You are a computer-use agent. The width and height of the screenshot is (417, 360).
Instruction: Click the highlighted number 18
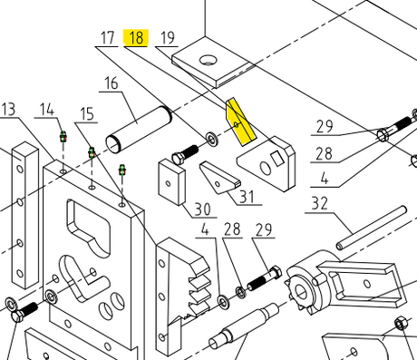136,38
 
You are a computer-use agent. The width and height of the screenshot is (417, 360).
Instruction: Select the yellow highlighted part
240,122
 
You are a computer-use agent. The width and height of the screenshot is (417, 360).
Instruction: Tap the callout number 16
112,83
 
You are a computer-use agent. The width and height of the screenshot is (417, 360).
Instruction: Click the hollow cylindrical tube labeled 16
139,130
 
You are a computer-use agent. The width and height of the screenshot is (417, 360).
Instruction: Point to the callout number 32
320,203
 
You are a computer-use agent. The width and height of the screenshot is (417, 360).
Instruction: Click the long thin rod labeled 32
372,228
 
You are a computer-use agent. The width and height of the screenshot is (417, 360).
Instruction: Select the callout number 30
202,209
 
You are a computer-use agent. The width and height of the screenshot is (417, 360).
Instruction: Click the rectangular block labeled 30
172,182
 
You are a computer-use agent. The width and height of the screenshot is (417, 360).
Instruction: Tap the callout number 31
247,197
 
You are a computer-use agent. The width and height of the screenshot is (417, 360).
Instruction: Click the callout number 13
8,109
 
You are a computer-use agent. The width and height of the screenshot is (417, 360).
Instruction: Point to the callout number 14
47,110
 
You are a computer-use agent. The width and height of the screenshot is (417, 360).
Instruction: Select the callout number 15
87,114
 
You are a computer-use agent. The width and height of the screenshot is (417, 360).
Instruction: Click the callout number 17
107,38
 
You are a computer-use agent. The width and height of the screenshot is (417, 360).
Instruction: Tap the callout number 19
168,38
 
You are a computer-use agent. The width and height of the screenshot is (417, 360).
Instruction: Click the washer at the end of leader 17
213,139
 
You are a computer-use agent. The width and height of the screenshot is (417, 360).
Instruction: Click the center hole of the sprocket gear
300,292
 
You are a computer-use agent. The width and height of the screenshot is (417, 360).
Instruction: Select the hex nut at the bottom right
401,324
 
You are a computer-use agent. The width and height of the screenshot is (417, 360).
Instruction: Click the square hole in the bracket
277,159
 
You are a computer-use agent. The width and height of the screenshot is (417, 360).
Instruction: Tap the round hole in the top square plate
208,60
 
